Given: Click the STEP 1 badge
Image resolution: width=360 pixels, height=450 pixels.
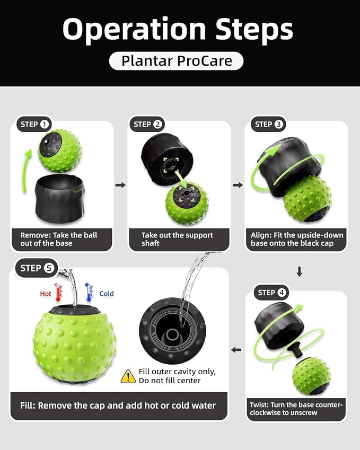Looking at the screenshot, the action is coord(34,124).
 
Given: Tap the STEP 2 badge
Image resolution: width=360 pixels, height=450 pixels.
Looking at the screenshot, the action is coord(147,124).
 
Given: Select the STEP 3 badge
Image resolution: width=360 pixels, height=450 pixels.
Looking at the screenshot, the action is coord(268,124).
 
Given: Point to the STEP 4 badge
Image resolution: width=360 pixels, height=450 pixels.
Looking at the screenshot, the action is coord(271,293).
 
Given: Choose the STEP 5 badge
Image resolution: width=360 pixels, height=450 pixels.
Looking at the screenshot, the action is coord(37,268).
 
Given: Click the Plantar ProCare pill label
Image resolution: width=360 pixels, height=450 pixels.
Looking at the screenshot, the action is coord(176,61).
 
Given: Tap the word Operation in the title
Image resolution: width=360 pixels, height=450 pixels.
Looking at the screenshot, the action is coord(134,29).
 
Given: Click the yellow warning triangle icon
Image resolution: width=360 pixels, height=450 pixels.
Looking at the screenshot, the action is coord(128,376).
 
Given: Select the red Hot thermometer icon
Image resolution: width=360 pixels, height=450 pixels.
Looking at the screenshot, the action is coord(58,292).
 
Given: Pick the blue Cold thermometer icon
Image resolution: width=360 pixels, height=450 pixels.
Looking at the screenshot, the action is coord(89,292).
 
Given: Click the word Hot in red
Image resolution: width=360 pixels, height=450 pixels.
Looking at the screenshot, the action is coord(46,294).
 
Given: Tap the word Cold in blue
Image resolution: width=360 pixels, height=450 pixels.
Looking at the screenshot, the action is coord(107,294).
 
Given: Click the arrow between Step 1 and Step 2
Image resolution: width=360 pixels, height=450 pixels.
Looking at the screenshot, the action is coord(120,185).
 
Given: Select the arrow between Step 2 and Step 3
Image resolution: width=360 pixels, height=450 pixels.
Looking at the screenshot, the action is coord(238,185).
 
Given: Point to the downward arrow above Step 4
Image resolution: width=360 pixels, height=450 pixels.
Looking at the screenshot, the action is coord(299,271).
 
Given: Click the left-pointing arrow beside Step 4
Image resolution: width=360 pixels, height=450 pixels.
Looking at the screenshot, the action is coord(236,349).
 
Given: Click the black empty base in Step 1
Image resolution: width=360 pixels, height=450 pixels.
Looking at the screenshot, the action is coord(60,199).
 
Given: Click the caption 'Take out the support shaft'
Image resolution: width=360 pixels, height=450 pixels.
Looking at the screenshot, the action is coord(177,239).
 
